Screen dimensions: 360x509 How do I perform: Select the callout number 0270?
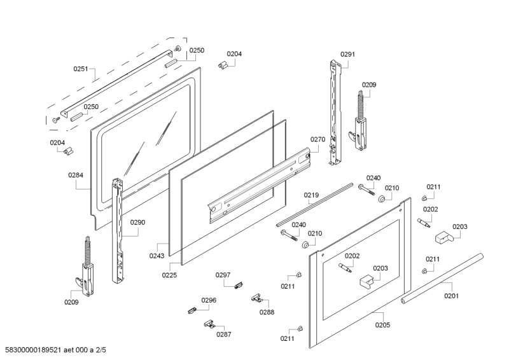click(x=317, y=139)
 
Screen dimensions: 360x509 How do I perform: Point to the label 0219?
click(x=310, y=195)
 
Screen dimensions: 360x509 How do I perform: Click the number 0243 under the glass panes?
click(x=157, y=256)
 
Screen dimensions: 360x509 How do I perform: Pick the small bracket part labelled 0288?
click(x=257, y=297)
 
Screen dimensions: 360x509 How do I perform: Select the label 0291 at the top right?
click(x=347, y=54)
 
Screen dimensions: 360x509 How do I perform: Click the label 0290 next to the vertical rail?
click(x=137, y=223)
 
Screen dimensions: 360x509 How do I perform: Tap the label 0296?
click(x=209, y=300)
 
